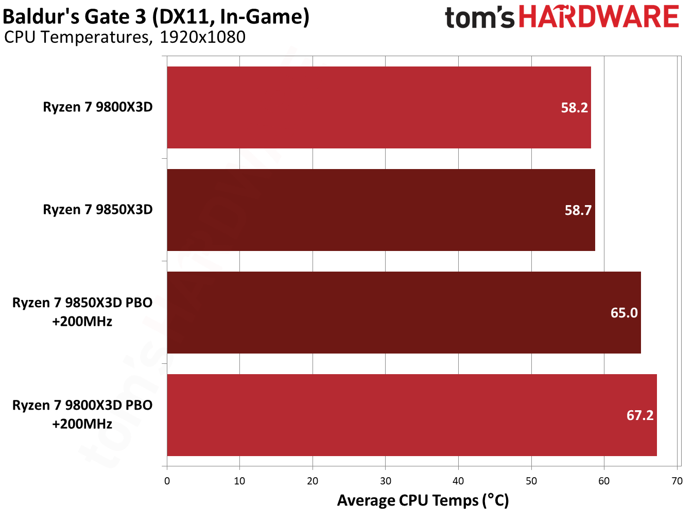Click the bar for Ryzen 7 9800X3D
pyautogui.click(x=378, y=107)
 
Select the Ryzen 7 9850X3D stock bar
pyautogui.click(x=380, y=210)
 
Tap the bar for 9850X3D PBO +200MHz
pyautogui.click(x=404, y=312)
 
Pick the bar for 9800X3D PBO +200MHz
pyautogui.click(x=411, y=415)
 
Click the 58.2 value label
pyautogui.click(x=574, y=108)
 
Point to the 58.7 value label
pyautogui.click(x=578, y=210)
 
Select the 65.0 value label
pyautogui.click(x=624, y=313)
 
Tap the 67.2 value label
pyautogui.click(x=640, y=415)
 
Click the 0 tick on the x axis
pyautogui.click(x=167, y=481)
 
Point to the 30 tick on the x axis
pyautogui.click(x=386, y=481)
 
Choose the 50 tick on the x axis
pyautogui.click(x=531, y=481)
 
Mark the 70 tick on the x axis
pyautogui.click(x=677, y=481)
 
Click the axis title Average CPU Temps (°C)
pyautogui.click(x=423, y=500)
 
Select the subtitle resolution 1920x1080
pyautogui.click(x=202, y=37)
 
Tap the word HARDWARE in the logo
pyautogui.click(x=599, y=17)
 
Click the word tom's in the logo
pyautogui.click(x=479, y=18)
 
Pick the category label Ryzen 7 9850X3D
pyautogui.click(x=98, y=210)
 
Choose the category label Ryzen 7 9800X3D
pyautogui.click(x=98, y=107)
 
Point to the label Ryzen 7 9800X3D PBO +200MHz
pyautogui.click(x=82, y=414)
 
